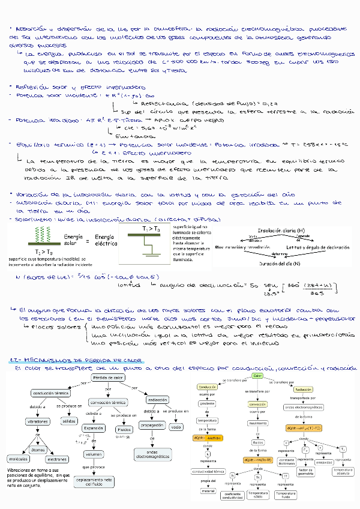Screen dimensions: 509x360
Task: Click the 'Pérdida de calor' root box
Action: point(109,377)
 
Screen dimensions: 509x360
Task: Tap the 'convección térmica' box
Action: point(108,402)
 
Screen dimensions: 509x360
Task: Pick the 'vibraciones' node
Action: point(38,421)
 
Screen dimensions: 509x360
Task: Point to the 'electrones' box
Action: point(57,459)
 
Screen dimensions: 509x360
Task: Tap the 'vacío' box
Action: point(176,427)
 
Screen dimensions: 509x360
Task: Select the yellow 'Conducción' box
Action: point(207,387)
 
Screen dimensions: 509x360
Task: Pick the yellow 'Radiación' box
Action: point(304,390)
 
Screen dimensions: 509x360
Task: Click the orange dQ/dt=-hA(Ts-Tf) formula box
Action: point(257,460)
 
